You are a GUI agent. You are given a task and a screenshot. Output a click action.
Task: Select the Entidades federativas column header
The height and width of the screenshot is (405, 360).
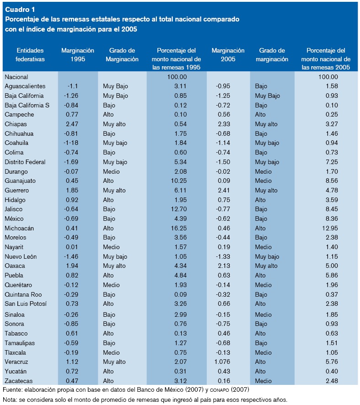tap(30, 55)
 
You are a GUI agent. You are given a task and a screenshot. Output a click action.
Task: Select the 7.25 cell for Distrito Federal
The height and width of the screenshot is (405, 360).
tap(329, 162)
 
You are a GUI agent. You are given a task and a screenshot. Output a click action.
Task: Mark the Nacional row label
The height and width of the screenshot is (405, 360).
tap(16, 77)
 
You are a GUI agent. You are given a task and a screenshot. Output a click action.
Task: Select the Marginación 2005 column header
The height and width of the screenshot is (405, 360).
tap(228, 55)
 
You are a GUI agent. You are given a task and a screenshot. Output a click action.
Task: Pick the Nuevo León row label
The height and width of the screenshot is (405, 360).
tap(21, 256)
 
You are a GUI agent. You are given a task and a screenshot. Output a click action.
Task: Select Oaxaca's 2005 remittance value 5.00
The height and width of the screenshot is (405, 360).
tap(329, 266)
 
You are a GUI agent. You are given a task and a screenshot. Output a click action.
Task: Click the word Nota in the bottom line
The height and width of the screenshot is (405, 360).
tap(10, 400)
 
